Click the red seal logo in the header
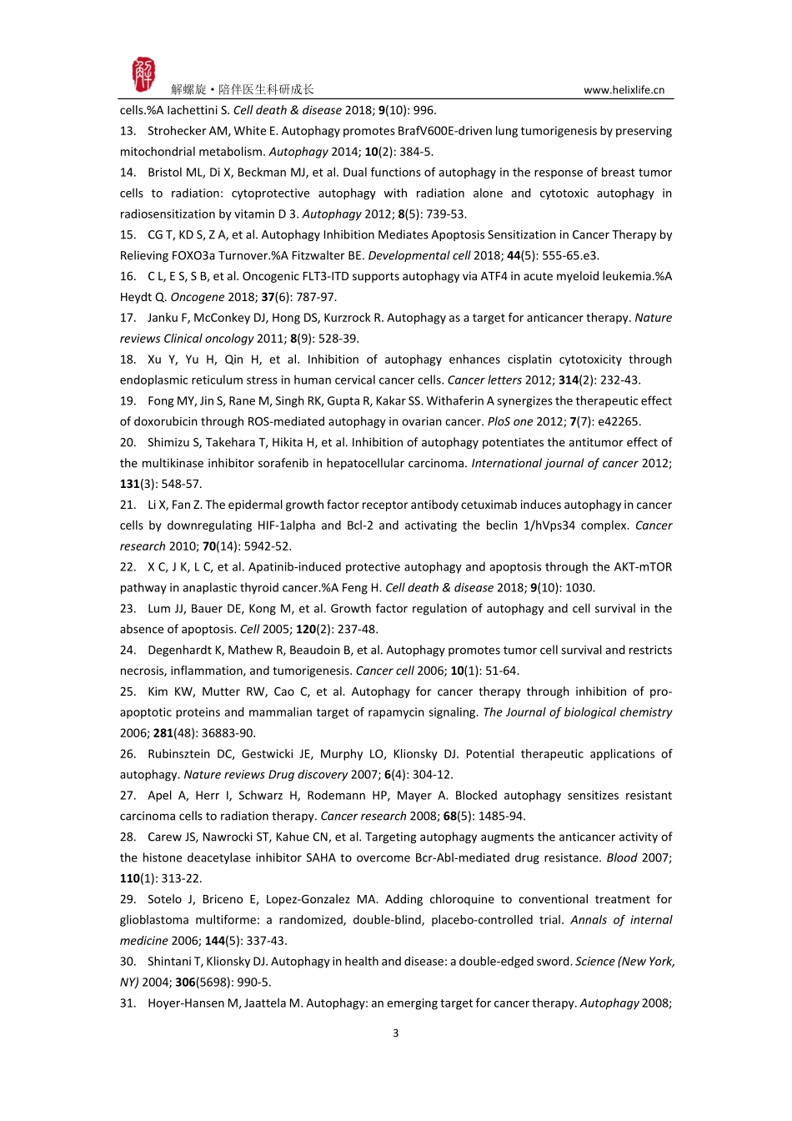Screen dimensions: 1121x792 (143, 75)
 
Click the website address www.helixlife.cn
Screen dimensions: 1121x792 (624, 90)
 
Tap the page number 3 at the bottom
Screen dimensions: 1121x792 (395, 1033)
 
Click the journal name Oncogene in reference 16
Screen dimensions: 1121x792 (198, 297)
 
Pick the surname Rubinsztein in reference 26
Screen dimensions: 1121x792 (183, 754)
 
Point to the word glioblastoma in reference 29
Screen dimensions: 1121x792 (153, 920)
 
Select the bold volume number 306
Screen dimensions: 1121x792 (185, 983)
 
